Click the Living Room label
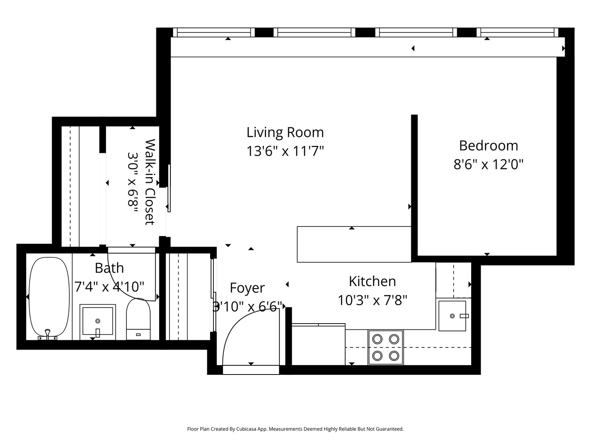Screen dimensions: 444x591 (285, 132)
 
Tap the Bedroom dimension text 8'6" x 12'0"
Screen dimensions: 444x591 (488, 164)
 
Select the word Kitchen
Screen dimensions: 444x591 (372, 281)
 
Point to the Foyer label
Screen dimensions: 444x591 (247, 288)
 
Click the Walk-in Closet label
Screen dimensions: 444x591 (150, 182)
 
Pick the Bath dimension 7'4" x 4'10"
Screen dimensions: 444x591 (109, 286)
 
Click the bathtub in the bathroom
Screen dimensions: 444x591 (50, 296)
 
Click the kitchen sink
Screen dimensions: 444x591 (452, 316)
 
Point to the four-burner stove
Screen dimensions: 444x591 (386, 347)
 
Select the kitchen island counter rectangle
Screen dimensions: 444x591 (354, 244)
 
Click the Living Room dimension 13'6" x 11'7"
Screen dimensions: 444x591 (285, 151)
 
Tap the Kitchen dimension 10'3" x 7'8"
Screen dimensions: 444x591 (372, 300)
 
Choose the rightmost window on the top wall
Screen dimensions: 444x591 (519, 32)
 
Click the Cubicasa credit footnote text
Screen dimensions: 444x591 (295, 429)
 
